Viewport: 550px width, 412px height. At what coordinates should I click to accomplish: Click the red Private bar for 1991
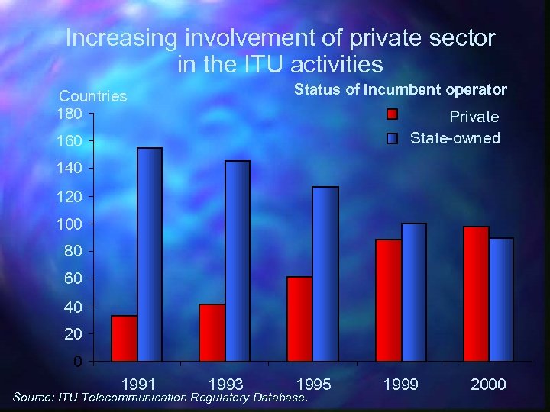click(x=124, y=338)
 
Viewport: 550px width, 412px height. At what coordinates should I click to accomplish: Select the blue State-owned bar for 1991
click(x=149, y=254)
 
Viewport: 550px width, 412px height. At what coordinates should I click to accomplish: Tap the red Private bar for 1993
click(x=212, y=333)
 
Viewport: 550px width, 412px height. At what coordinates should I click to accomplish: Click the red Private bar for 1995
click(x=299, y=319)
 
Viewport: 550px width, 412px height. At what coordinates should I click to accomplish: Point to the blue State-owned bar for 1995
click(x=325, y=274)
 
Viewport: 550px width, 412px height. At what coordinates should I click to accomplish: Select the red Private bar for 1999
click(x=388, y=300)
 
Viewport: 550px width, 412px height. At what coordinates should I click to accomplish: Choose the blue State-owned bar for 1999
click(x=413, y=292)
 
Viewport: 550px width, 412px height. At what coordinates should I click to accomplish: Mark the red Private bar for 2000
click(x=476, y=294)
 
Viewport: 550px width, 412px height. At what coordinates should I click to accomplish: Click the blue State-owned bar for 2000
click(x=501, y=299)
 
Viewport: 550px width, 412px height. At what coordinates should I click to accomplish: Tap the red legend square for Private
click(x=392, y=115)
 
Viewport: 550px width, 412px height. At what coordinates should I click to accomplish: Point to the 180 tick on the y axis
click(x=68, y=114)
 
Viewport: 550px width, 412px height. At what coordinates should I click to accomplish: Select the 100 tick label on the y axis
click(x=68, y=224)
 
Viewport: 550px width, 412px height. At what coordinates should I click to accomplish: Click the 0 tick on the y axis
click(x=78, y=362)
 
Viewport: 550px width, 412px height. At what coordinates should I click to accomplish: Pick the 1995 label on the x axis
click(x=314, y=384)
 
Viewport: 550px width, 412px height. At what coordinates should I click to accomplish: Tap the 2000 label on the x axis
click(x=488, y=384)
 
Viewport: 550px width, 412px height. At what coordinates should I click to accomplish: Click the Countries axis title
click(x=93, y=96)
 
